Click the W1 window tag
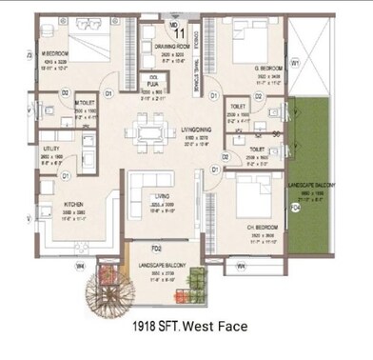[295, 64]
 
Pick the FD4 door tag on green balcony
[296, 206]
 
